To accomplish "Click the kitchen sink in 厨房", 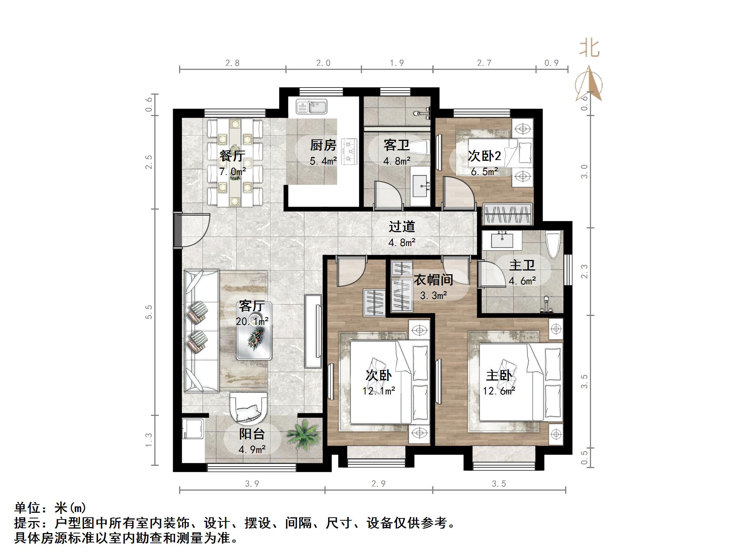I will click(312, 106).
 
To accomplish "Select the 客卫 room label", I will click(396, 145).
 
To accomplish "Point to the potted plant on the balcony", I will click(304, 436).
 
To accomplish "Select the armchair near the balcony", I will click(248, 408).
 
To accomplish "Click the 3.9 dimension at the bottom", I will click(252, 484).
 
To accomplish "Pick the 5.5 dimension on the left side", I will click(149, 312).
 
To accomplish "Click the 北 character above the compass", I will click(589, 49).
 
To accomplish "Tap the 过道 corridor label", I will click(401, 227).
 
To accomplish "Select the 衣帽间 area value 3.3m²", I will click(433, 296).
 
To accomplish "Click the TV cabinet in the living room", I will click(314, 331).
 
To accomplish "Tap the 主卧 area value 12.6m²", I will click(499, 391).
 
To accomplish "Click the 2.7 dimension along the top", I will click(484, 63).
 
